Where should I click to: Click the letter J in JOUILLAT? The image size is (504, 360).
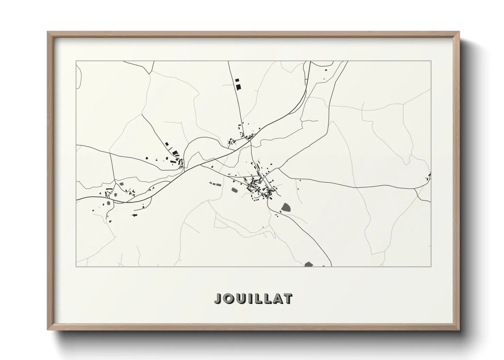click(218, 298)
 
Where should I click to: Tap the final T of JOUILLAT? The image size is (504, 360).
click(287, 298)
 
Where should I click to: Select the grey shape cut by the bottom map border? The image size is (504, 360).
click(309, 264)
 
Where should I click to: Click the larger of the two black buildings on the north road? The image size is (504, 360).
click(238, 86)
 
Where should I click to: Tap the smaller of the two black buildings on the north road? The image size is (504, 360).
click(237, 80)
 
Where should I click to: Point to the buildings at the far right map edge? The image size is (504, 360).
click(429, 176)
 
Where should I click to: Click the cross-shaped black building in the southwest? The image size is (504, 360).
click(135, 215)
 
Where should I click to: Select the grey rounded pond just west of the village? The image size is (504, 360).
click(235, 190)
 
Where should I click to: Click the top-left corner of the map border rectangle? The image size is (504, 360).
click(76, 61)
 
